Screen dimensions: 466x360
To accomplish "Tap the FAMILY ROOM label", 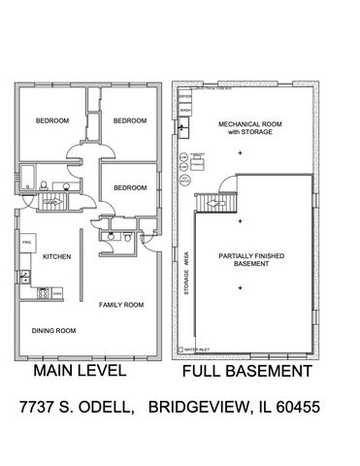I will click(121, 305).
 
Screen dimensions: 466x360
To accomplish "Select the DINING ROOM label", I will click(53, 330).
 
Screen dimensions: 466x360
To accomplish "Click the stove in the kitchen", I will click(44, 292).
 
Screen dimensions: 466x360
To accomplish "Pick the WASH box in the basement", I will click(184, 111).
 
